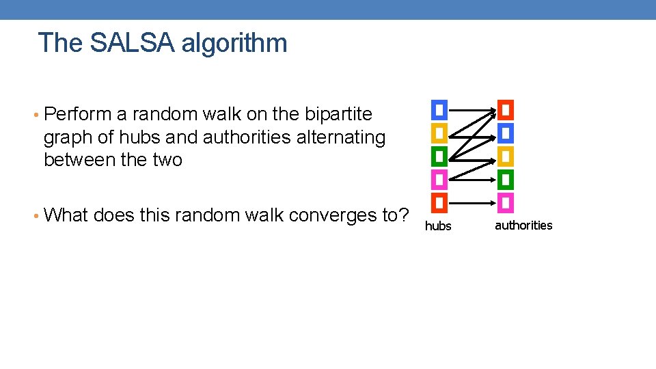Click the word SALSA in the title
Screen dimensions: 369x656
coord(131,43)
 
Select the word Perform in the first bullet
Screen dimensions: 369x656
coord(72,113)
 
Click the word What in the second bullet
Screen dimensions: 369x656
coord(66,215)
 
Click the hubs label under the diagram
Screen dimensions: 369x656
coord(438,226)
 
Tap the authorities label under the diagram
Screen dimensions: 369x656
coord(523,225)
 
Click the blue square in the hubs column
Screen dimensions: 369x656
coord(439,109)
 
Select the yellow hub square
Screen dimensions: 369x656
coord(439,133)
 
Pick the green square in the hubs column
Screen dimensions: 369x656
coord(439,156)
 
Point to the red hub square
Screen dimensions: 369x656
coord(439,203)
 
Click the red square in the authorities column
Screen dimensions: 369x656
coord(505,109)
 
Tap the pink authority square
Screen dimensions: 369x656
coord(505,203)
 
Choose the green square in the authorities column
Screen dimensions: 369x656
coord(505,180)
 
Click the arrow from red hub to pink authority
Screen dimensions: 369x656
coord(471,203)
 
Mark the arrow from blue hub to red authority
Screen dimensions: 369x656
coord(471,109)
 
